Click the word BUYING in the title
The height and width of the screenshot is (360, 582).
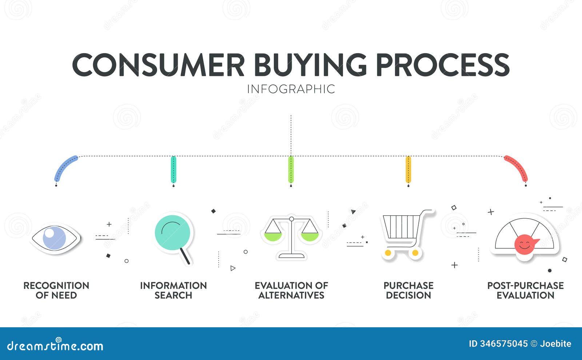[310, 65]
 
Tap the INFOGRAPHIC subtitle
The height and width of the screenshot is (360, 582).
[291, 89]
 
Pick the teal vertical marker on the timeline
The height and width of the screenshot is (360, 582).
[174, 169]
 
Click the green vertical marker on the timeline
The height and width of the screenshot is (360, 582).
[291, 169]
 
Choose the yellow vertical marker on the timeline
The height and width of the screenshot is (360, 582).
[408, 169]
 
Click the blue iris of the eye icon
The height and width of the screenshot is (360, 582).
[55, 238]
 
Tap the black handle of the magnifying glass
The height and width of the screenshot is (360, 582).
[185, 256]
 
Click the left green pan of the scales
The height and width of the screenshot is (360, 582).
[273, 237]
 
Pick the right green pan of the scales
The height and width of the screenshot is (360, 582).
[310, 237]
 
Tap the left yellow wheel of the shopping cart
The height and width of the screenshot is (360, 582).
[388, 252]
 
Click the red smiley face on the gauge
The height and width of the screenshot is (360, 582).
[525, 245]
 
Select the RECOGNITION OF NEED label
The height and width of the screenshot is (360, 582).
[56, 290]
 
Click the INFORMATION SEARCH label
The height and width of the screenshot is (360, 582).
[173, 290]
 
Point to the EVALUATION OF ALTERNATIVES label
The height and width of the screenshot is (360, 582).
[291, 290]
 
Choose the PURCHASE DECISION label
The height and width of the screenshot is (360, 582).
[408, 290]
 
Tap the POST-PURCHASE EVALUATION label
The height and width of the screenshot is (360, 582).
[525, 290]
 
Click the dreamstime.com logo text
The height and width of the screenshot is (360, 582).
[55, 346]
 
